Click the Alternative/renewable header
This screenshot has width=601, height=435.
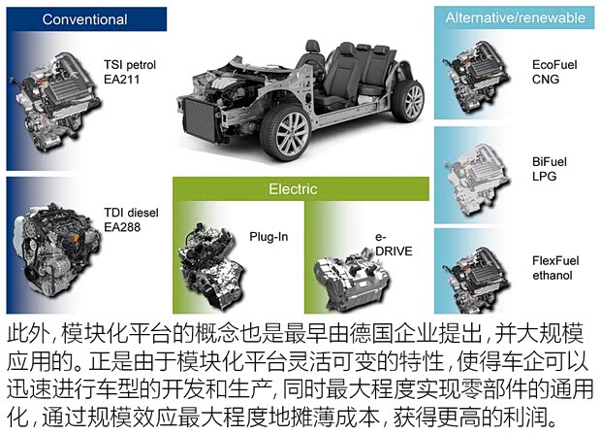point(515,17)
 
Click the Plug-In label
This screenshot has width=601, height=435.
point(269,236)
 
